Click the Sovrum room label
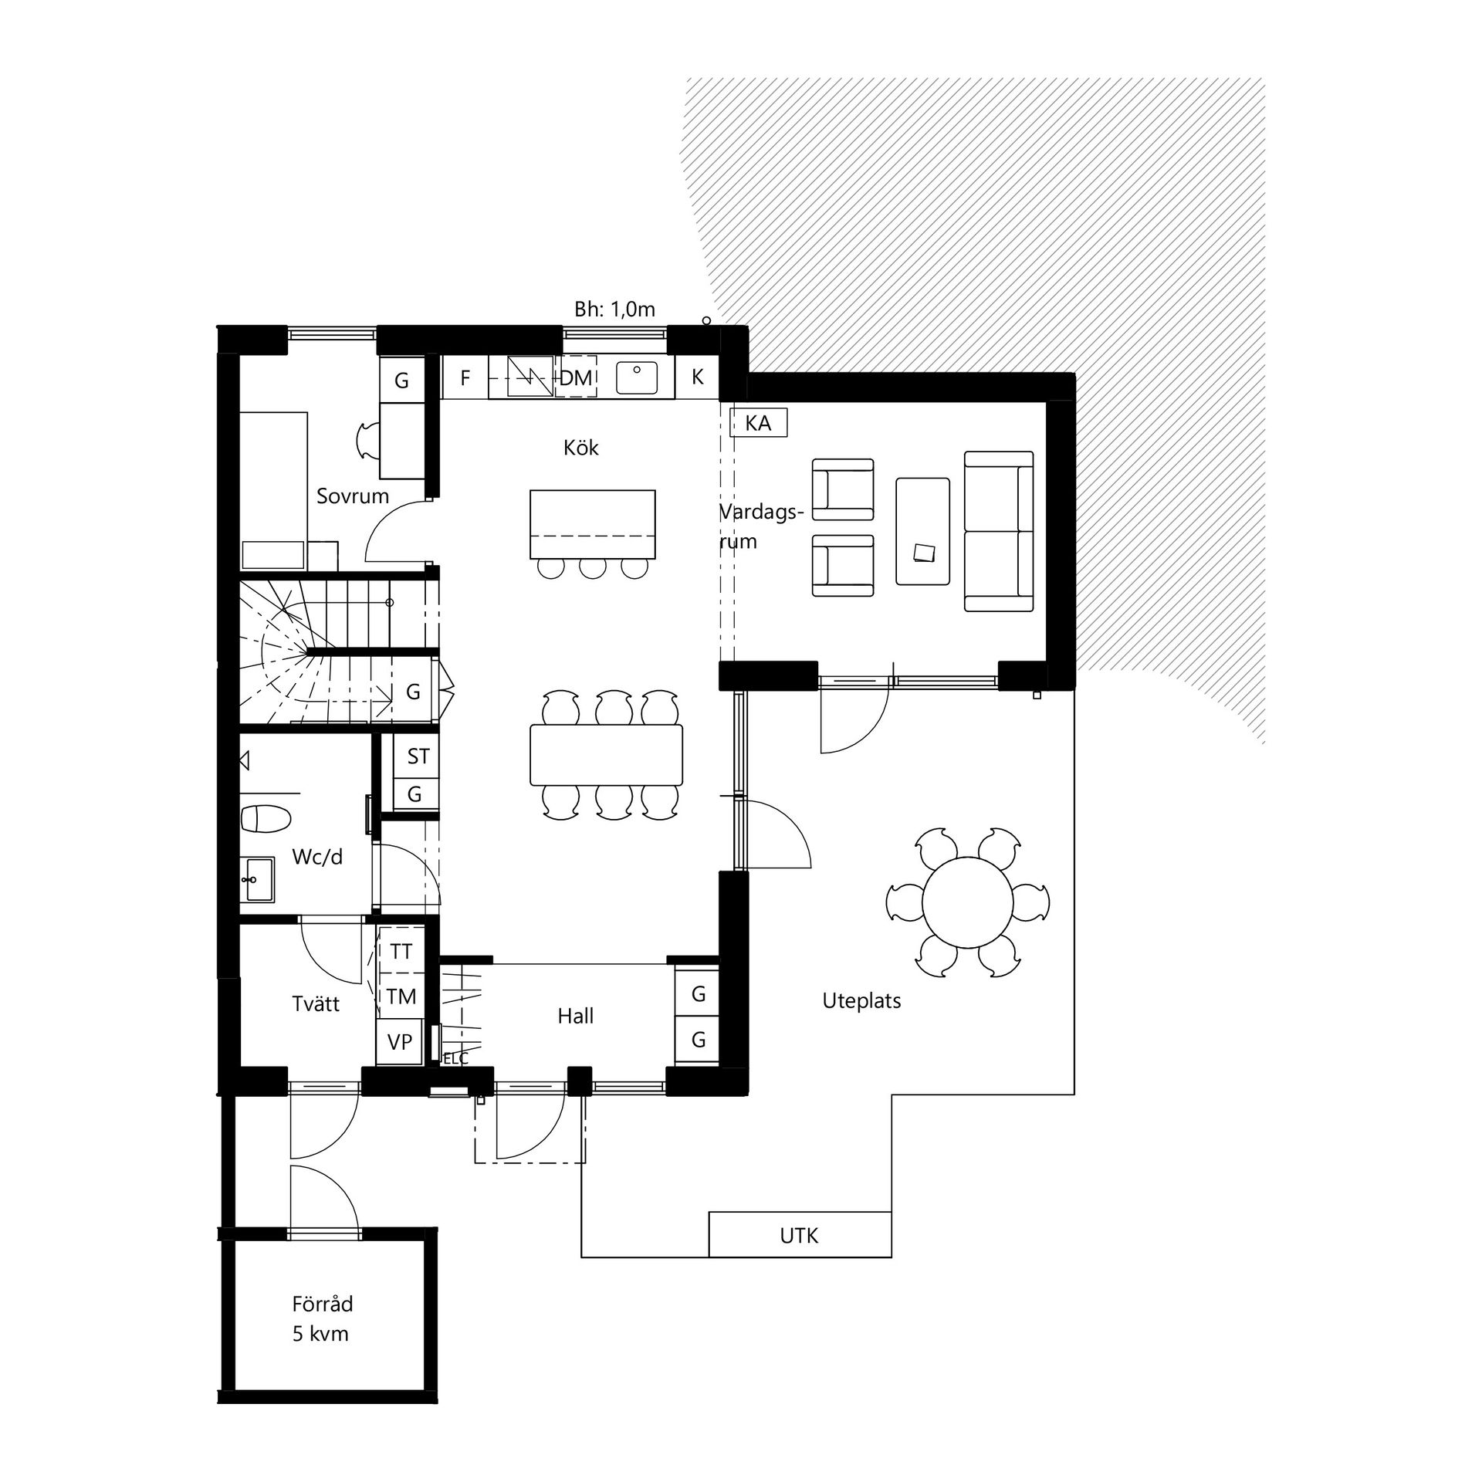[x=353, y=496]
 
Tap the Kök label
[x=581, y=448]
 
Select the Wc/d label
[x=317, y=857]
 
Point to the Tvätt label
[x=316, y=1003]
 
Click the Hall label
[x=576, y=1016]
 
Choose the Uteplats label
[x=861, y=1001]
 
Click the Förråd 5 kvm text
[x=322, y=1318]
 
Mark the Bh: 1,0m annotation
[x=614, y=310]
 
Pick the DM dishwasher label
[x=576, y=377]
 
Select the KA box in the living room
[x=759, y=423]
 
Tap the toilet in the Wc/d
[x=265, y=818]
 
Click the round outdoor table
[x=968, y=901]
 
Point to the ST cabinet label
[x=418, y=756]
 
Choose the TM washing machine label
[x=401, y=996]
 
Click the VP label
[x=400, y=1042]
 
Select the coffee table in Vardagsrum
[x=922, y=531]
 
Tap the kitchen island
[x=593, y=524]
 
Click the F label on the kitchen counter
[x=465, y=377]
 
